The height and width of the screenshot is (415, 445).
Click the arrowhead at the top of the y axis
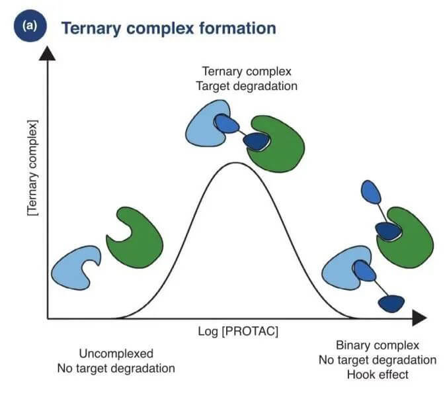point(48,55)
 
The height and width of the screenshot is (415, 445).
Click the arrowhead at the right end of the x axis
point(418,318)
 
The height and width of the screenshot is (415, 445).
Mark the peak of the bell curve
point(234,163)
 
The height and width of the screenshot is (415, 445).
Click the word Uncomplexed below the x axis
point(116,353)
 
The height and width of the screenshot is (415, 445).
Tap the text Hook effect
point(377,374)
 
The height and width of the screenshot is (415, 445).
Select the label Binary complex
point(378,346)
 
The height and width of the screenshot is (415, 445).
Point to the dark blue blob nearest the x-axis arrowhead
point(391,302)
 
